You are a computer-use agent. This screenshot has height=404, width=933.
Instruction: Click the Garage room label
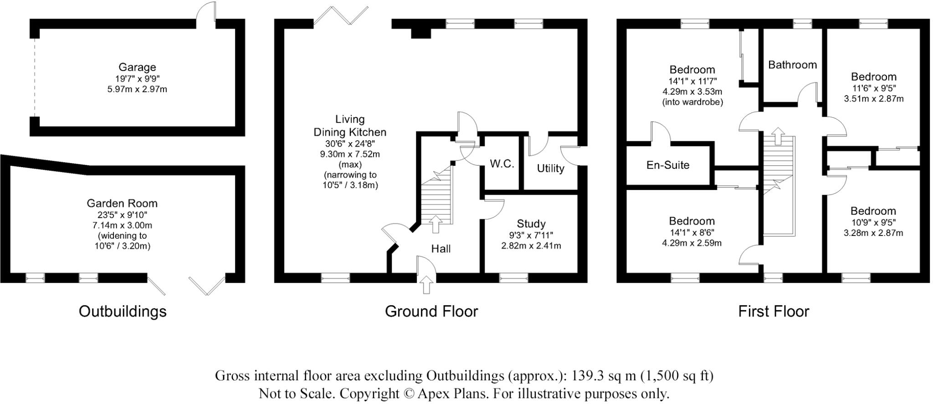[x=137, y=67]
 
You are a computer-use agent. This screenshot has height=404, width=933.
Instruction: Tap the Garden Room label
[x=122, y=204]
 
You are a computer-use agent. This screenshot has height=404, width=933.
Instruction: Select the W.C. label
[x=502, y=164]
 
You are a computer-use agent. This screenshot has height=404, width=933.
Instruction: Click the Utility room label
[x=550, y=169]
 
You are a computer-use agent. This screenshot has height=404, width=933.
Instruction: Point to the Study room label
[x=531, y=224]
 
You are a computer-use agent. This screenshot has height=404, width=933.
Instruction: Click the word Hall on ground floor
[x=441, y=249]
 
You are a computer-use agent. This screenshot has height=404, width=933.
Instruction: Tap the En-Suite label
[x=667, y=165]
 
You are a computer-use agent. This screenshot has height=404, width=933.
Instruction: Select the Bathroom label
[x=792, y=65]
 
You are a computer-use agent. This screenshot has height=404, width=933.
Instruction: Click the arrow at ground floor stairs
[x=436, y=224]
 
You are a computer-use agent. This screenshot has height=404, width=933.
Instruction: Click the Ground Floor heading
[x=431, y=312]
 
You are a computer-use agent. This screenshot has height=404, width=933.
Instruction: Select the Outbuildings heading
[x=123, y=312]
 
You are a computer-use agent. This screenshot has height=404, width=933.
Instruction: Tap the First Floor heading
[x=773, y=312]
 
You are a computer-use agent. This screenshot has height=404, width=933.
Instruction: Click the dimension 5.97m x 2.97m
[x=137, y=89]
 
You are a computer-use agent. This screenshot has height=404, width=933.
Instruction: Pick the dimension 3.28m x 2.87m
[x=873, y=233]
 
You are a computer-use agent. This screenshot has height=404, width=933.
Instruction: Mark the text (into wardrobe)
[x=692, y=102]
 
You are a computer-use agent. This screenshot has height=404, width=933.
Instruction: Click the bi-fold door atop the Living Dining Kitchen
[x=341, y=15]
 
